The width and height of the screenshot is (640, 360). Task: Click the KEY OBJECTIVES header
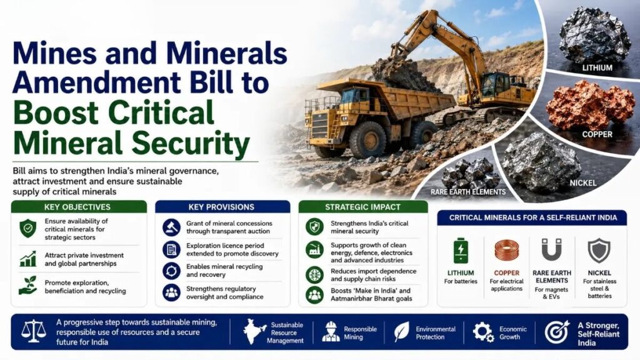pos(77,207)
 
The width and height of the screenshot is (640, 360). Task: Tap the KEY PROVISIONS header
pos(221,207)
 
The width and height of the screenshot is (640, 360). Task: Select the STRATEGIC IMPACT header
pos(362,207)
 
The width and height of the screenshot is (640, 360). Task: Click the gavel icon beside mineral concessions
pos(171,227)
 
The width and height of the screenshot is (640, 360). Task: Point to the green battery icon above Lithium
pos(461,251)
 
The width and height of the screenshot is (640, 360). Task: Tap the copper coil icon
pos(506,250)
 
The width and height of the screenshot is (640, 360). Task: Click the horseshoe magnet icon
pos(552,249)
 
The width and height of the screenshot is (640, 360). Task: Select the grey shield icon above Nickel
pos(599,250)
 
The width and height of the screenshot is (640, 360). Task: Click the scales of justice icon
pos(34,331)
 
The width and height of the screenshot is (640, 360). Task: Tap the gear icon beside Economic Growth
pos(483,332)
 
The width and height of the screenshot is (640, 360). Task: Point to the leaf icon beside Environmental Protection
pos(402,331)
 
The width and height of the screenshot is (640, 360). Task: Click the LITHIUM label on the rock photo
pos(597,67)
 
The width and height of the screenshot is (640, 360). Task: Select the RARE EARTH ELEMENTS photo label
pos(468,192)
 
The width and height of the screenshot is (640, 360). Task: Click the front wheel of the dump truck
pos(367,139)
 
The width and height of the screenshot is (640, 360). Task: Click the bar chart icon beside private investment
pos(27,259)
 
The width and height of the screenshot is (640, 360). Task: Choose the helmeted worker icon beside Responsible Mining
pos(331,331)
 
